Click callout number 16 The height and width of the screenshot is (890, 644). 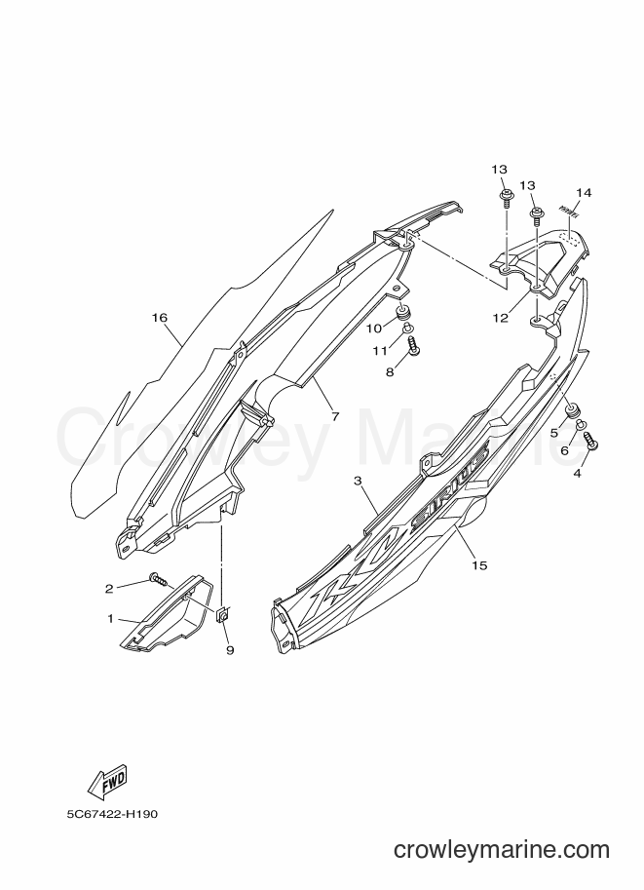pos(160,318)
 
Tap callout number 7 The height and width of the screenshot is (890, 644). pos(335,416)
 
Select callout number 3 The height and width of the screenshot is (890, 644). pos(358,481)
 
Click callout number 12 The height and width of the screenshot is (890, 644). pos(500,318)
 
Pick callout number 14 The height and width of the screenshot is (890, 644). pos(584,193)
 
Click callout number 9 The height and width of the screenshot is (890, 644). pos(230,650)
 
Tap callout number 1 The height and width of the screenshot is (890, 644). pos(111,618)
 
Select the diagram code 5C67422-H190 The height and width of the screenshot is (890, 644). pos(111,814)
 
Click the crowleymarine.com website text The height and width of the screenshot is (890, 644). pos(502,850)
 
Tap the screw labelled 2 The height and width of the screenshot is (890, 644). pos(159,579)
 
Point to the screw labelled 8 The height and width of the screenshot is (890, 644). pos(414,346)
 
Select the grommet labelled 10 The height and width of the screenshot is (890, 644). pos(404,312)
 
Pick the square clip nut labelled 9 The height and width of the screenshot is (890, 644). pos(223,614)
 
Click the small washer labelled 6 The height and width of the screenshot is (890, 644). pos(583,424)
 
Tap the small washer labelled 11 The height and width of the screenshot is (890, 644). pos(408,328)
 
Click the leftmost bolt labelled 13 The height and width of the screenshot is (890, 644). pos(505,196)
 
